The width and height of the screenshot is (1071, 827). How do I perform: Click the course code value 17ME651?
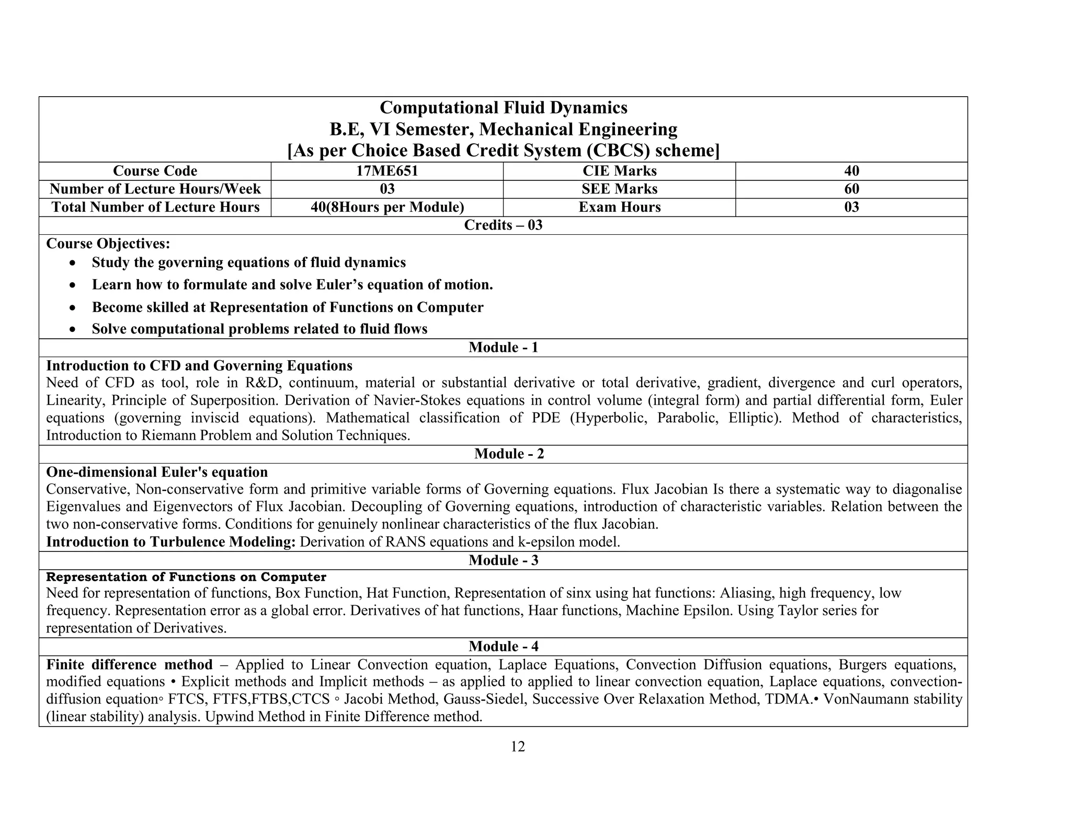[x=387, y=171]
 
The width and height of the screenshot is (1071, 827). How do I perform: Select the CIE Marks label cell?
[x=619, y=171]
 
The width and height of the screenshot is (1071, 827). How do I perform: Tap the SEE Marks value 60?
[x=851, y=189]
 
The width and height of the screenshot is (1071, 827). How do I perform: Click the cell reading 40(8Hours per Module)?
[x=387, y=207]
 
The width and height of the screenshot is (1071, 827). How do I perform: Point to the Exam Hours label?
[x=619, y=207]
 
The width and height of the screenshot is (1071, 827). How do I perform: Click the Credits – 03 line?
[x=503, y=225]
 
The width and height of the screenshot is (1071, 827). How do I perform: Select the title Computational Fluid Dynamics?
[x=503, y=108]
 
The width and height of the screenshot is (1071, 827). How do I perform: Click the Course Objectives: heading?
[x=108, y=244]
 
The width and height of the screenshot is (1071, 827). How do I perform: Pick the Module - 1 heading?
[x=503, y=348]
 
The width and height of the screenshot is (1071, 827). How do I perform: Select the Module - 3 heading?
[x=503, y=560]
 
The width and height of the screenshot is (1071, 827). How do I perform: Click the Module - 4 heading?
[x=503, y=647]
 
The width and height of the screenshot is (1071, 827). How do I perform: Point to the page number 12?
[x=517, y=746]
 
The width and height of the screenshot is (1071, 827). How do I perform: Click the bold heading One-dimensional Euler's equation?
[x=157, y=472]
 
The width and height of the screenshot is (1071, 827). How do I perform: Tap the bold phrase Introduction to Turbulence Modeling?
[x=171, y=542]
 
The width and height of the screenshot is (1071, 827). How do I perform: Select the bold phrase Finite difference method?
[x=129, y=664]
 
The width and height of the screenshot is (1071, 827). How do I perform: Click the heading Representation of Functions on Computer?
[x=186, y=577]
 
